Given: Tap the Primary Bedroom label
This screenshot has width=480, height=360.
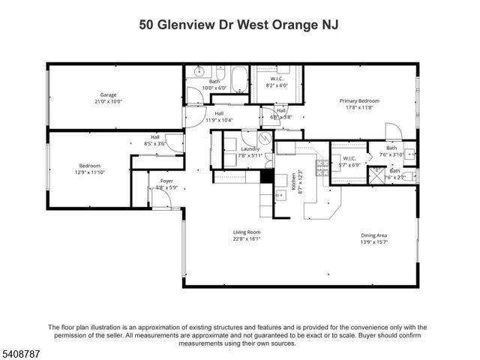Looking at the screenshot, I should tap(359, 100).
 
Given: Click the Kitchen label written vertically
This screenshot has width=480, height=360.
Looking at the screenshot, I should tap(294, 180).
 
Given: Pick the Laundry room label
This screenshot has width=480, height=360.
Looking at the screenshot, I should tap(250, 148).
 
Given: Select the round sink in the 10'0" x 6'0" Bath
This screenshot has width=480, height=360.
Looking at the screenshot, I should tap(199, 71).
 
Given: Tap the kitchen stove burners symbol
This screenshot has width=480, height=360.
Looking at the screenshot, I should tap(322, 168).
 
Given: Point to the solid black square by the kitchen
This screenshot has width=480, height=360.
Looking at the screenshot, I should tap(265, 177).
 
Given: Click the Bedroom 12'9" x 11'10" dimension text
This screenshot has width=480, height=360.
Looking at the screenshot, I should tap(89, 172).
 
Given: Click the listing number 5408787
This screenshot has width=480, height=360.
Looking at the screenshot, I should tap(21, 351).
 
